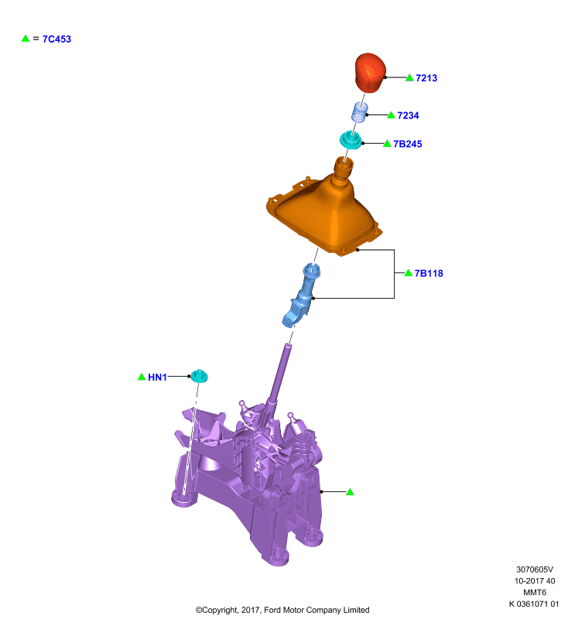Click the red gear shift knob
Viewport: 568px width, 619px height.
(x=370, y=73)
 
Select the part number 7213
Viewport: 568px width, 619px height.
(x=426, y=78)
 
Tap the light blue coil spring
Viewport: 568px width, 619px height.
(x=360, y=112)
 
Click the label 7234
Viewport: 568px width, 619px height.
(x=408, y=115)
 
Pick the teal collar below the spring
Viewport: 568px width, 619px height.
(x=351, y=140)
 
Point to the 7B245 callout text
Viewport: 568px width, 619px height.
(x=407, y=144)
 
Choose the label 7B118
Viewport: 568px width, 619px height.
(x=429, y=274)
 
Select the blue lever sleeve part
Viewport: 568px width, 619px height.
(x=302, y=296)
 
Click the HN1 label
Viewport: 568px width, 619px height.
(x=158, y=378)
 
